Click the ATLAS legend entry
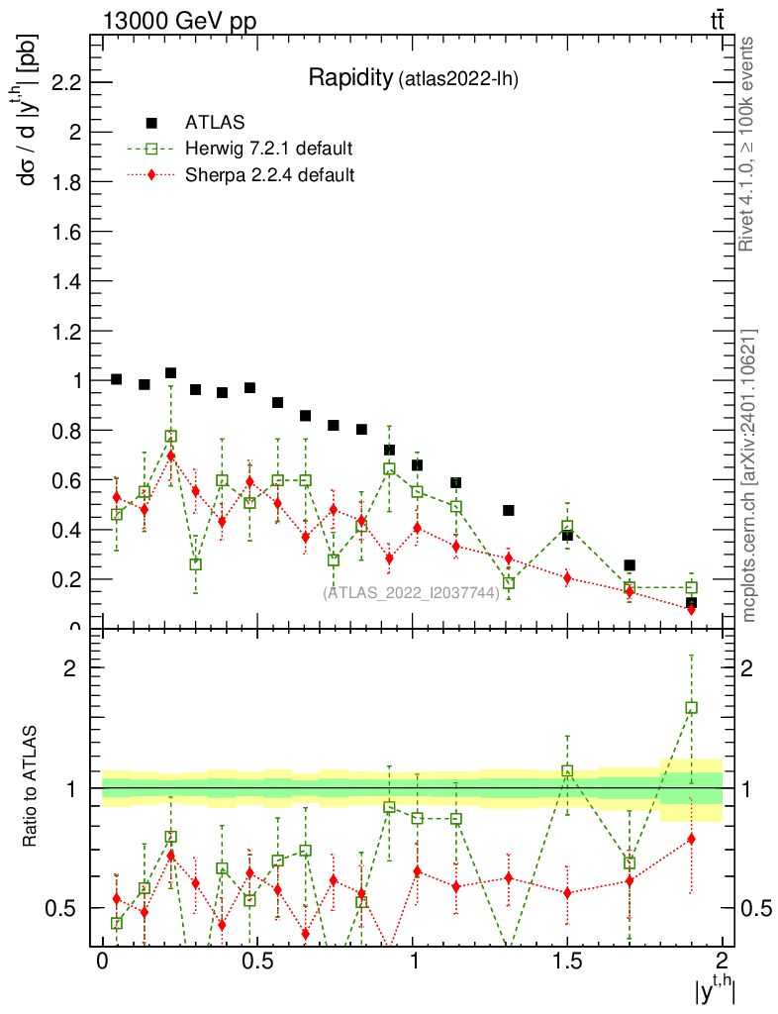(214, 123)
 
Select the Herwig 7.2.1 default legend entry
(268, 150)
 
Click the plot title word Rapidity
(349, 78)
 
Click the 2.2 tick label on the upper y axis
(60, 82)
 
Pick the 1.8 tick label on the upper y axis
(60, 182)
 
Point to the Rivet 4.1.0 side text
(748, 144)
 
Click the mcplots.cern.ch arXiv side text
(748, 475)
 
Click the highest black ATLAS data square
(170, 373)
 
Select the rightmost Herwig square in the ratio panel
(691, 708)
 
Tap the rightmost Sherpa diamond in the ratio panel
(691, 840)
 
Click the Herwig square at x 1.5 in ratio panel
(567, 770)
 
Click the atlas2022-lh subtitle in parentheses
(458, 80)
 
